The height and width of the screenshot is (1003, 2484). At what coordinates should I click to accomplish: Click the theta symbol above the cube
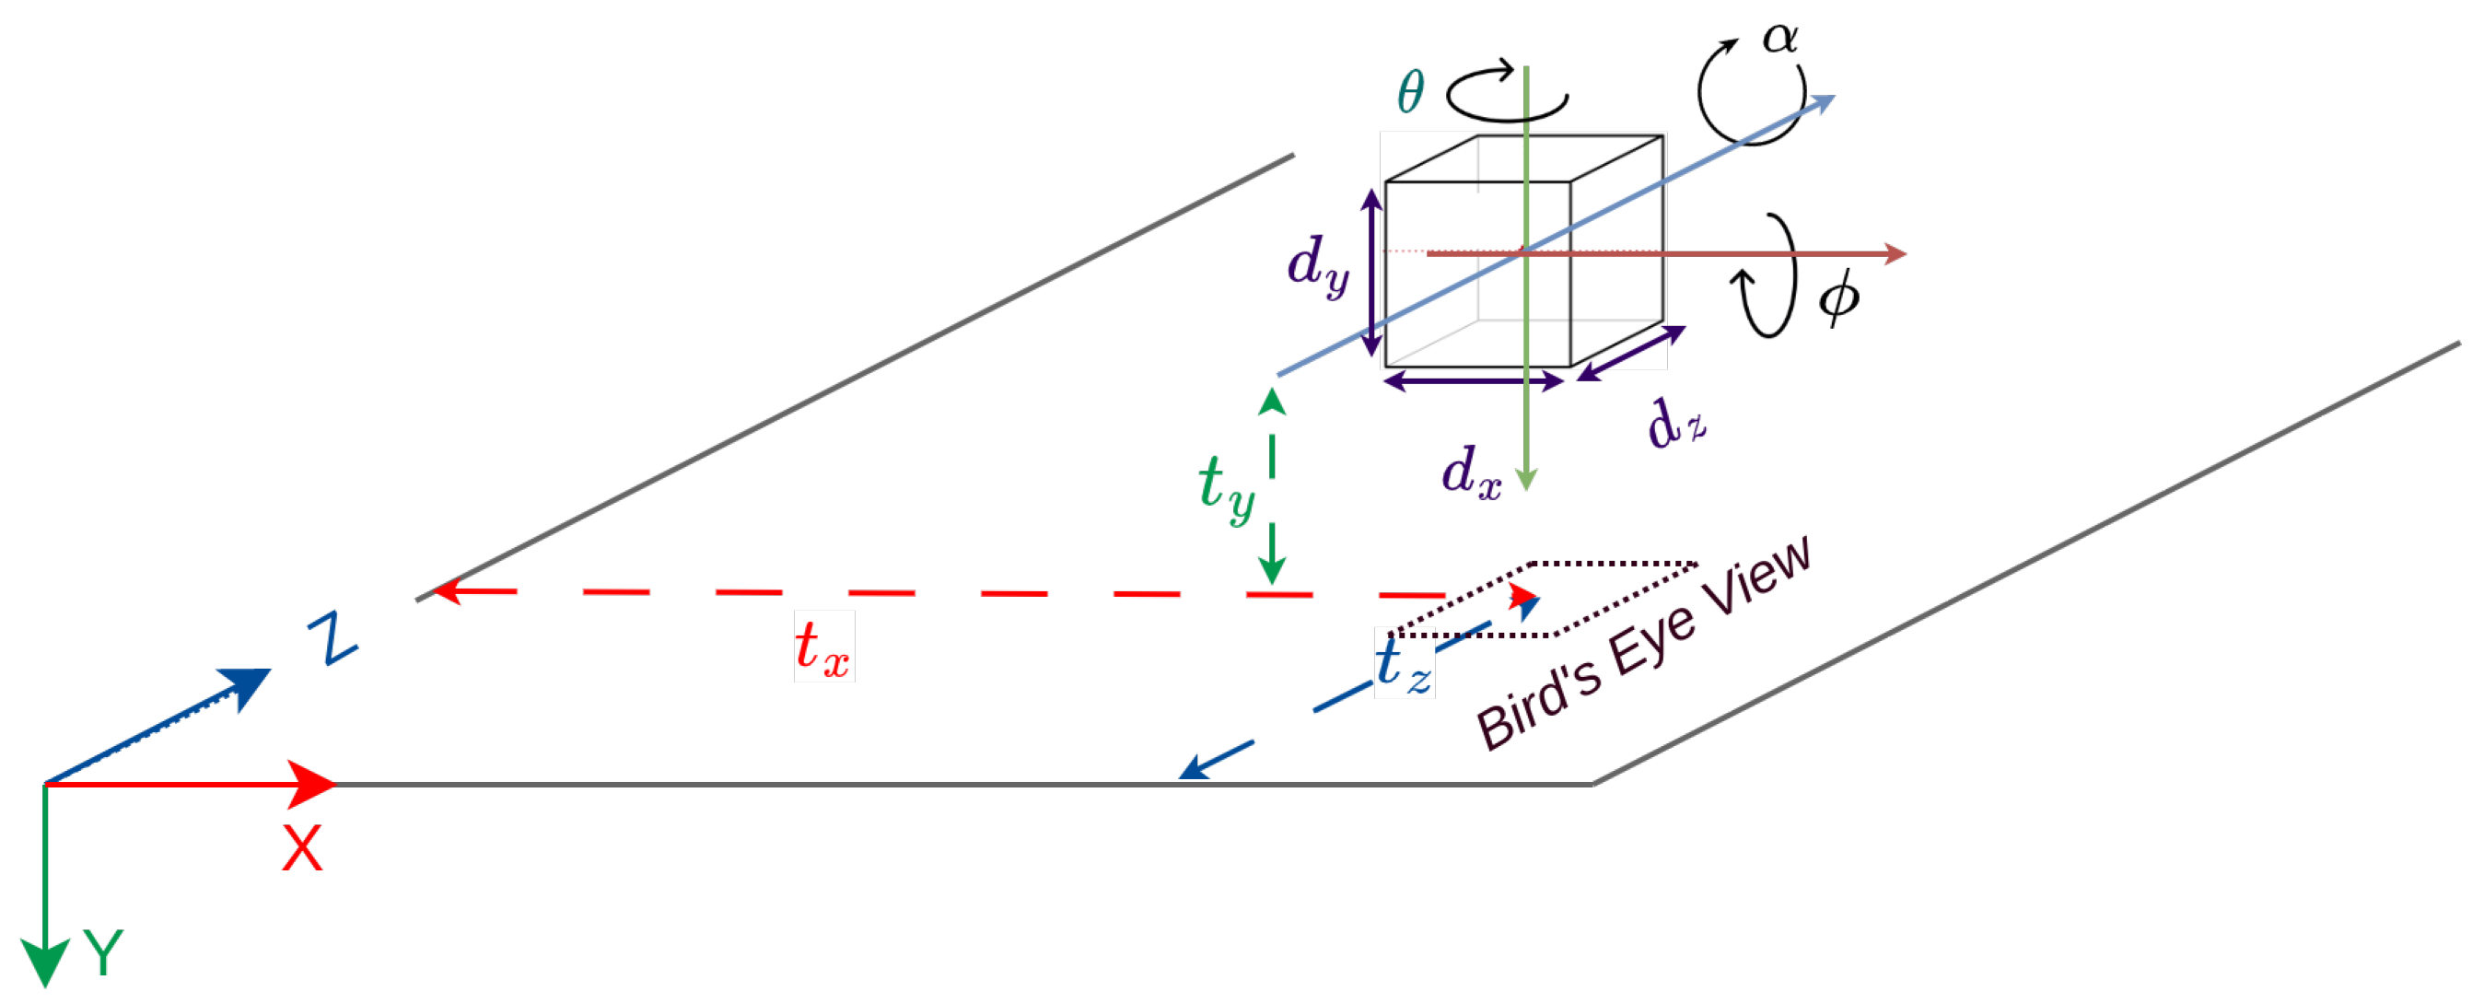[x=1410, y=94]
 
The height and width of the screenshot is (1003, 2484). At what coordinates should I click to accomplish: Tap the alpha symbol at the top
[x=1779, y=39]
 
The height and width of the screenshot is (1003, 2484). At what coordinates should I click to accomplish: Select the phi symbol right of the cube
[x=1838, y=297]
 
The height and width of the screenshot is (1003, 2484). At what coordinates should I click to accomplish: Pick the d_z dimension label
[x=1676, y=425]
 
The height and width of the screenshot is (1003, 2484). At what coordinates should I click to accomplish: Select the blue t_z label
[x=1403, y=666]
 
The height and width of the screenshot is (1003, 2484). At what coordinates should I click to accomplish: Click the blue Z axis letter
[x=332, y=637]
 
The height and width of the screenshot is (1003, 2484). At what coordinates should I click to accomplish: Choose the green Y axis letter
[x=103, y=952]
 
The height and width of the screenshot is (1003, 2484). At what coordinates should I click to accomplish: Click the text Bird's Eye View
[x=1644, y=643]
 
